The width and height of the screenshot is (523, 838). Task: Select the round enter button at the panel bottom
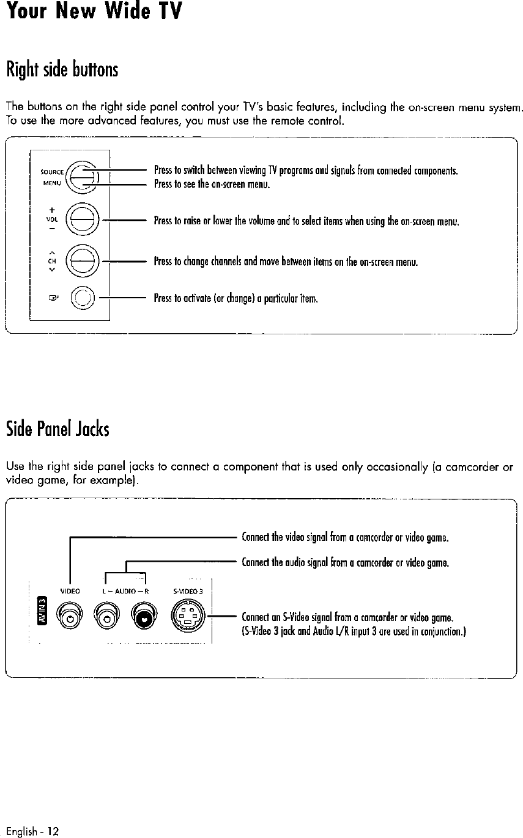[81, 299]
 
